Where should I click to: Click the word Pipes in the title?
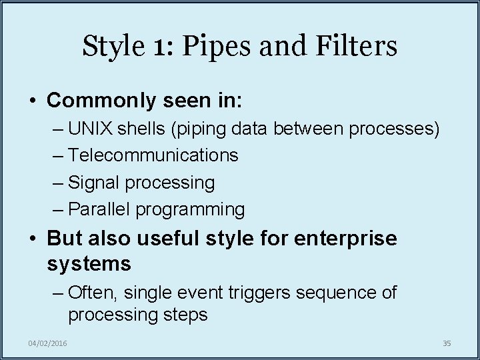(x=211, y=47)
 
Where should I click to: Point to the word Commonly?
(x=99, y=101)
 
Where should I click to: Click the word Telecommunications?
(x=153, y=155)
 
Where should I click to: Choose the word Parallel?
(x=99, y=209)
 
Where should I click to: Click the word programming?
(x=191, y=210)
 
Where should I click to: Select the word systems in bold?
(x=89, y=264)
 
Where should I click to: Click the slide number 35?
(x=447, y=343)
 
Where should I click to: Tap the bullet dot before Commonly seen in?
(x=33, y=101)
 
